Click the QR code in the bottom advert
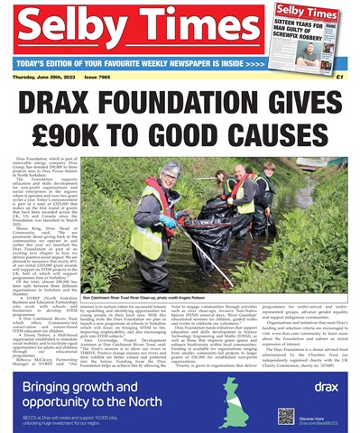point(286,416)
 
